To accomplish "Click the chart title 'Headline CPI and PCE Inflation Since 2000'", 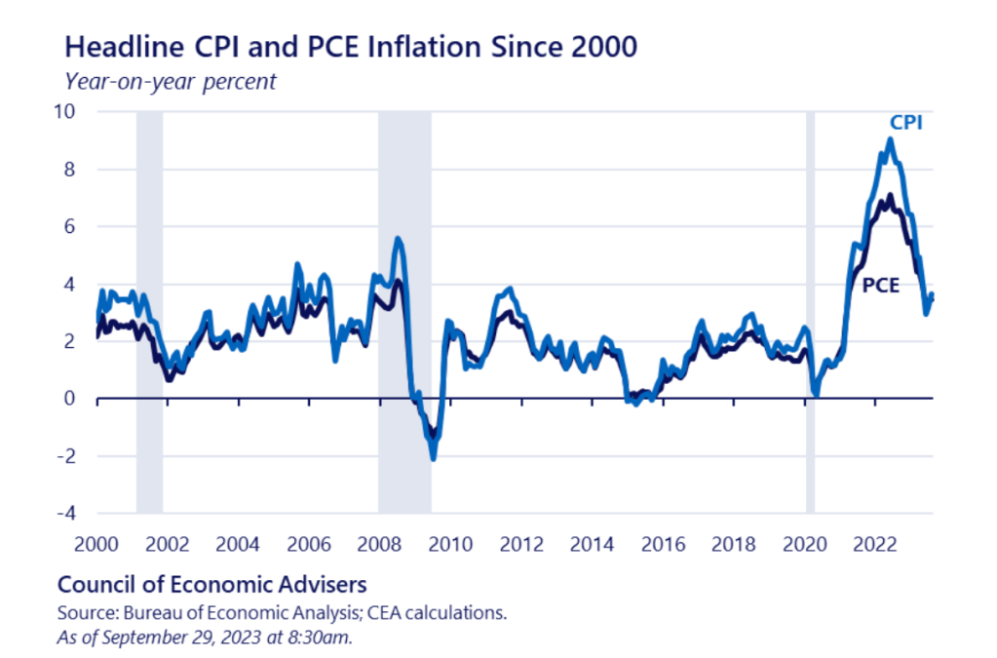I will [x=350, y=45].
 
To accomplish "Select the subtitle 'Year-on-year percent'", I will [x=170, y=81].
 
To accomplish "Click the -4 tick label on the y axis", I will [x=75, y=514].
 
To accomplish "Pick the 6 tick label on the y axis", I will [x=80, y=226].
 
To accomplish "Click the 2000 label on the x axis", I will [x=96, y=543].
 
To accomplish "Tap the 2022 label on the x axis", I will [x=868, y=543].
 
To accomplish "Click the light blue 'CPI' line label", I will [x=905, y=124].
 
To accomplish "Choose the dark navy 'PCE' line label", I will [x=881, y=285].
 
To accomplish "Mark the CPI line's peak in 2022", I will [x=889, y=139].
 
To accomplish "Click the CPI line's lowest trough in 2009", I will [x=433, y=458].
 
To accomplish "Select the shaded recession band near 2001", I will [x=149, y=312].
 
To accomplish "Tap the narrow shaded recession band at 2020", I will [x=810, y=312].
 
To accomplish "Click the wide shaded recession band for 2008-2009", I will [x=404, y=312].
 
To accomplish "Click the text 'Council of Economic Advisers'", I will [x=212, y=585].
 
